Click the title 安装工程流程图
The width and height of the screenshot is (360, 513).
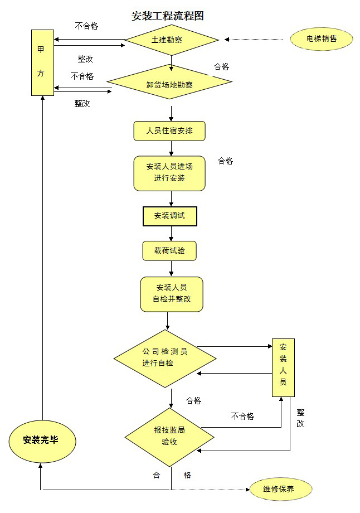167,16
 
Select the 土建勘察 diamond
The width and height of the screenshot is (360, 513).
172,40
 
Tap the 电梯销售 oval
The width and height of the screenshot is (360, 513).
322,39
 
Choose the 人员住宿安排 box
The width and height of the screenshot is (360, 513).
169,131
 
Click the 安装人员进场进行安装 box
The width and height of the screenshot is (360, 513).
169,173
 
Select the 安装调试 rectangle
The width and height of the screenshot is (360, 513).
170,216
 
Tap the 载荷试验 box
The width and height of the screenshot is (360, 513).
169,251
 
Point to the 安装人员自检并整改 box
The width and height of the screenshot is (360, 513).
171,294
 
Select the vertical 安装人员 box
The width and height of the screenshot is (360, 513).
283,367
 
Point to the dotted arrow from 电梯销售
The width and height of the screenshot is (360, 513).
256,39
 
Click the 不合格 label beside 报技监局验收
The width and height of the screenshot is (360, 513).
242,416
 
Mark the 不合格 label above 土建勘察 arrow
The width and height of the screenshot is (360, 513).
86,26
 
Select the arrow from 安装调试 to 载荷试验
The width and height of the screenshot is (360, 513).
170,233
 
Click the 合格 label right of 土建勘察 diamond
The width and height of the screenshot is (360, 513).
221,66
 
